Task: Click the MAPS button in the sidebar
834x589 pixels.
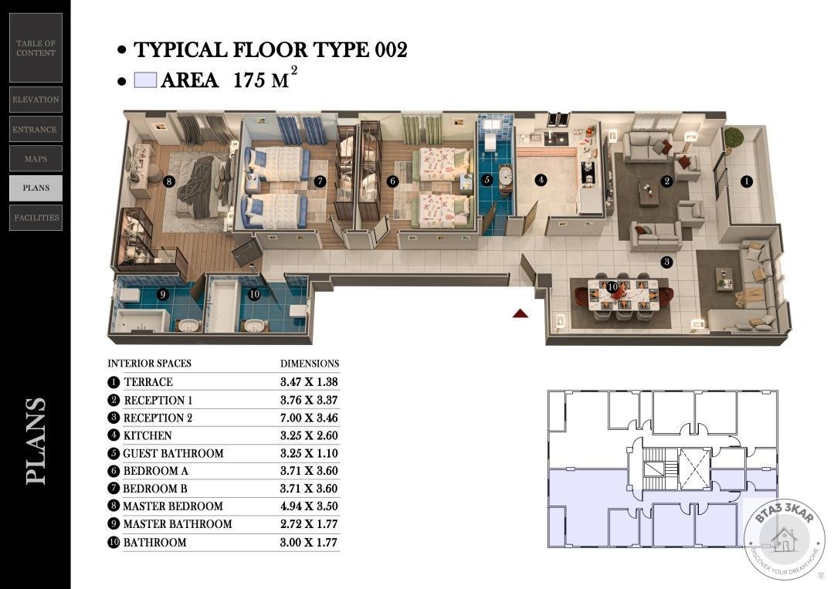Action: click(36, 158)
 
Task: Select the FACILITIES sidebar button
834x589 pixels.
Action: click(36, 218)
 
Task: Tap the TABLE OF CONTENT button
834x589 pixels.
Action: click(36, 48)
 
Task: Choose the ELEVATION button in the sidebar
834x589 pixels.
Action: click(36, 100)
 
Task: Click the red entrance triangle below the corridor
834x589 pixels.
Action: click(520, 313)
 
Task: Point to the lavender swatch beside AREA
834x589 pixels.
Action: click(145, 80)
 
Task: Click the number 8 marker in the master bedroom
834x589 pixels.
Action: click(169, 182)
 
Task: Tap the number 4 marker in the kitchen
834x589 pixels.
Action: click(541, 180)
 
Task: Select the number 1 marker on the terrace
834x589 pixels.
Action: click(746, 181)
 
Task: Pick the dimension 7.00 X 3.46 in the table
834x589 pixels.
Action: click(309, 418)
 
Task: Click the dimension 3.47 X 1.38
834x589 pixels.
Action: click(309, 381)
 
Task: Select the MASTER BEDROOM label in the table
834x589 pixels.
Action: click(173, 506)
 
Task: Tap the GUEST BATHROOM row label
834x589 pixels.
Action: click(174, 453)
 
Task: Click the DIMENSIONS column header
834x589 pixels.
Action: click(310, 364)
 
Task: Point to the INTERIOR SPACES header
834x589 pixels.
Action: click(150, 364)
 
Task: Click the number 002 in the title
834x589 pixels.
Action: click(391, 50)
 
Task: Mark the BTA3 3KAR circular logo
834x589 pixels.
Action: click(785, 539)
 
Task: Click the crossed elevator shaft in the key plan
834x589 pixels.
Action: click(695, 469)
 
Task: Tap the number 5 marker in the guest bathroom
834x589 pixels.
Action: click(486, 180)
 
